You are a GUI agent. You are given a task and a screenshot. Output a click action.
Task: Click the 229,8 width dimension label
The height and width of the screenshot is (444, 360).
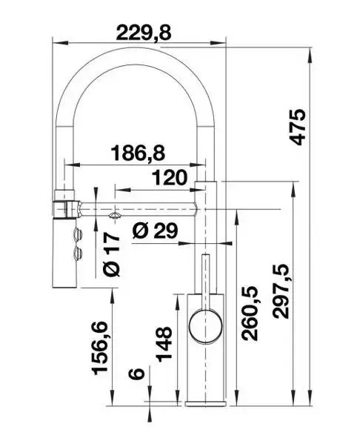point(144,33)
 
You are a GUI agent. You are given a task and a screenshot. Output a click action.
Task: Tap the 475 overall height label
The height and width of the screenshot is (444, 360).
point(298,127)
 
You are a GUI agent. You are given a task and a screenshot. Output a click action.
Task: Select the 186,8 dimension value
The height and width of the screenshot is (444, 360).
point(138,153)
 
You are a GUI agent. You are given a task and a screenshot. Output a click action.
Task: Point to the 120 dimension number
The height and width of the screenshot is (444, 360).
point(170,178)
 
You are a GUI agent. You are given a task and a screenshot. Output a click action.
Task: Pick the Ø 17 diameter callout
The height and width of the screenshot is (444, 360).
point(112,256)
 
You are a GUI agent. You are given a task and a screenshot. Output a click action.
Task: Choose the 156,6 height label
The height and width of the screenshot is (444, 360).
point(100,348)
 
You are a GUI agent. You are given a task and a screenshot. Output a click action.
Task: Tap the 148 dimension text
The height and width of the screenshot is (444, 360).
point(164,345)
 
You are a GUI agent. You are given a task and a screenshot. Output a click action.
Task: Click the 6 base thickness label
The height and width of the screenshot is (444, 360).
point(136,374)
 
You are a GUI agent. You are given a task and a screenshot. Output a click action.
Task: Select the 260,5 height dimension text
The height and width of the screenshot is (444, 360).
point(250,314)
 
